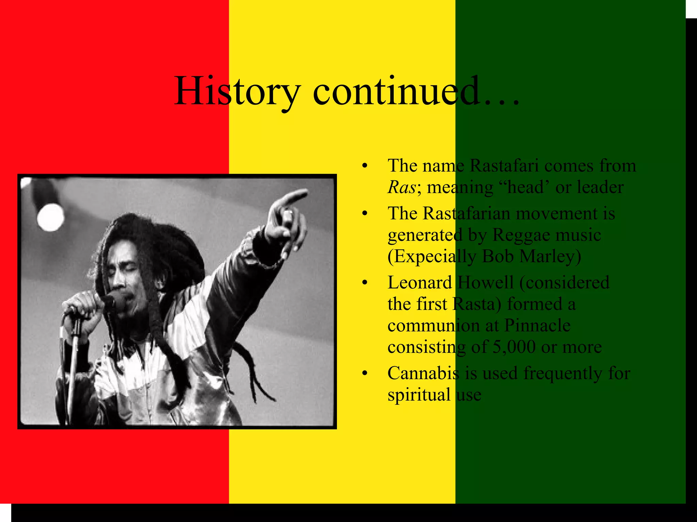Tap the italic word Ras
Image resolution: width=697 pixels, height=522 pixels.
402,187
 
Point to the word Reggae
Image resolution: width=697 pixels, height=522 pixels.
522,235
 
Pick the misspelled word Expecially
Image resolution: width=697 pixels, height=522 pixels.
432,257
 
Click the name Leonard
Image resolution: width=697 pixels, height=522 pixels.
420,283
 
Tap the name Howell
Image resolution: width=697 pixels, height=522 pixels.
485,283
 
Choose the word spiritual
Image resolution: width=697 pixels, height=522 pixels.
419,395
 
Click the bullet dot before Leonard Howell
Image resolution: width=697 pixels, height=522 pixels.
365,283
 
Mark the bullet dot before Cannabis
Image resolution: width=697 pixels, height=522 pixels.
365,373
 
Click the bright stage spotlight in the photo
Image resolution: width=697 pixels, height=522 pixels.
50,216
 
